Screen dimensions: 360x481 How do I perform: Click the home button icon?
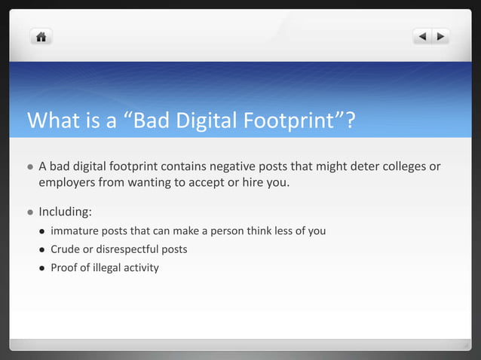pyautogui.click(x=41, y=35)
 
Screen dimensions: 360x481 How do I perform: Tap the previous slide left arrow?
pyautogui.click(x=422, y=35)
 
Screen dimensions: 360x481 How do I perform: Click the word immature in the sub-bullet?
pyautogui.click(x=75, y=230)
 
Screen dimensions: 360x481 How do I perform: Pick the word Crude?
pyautogui.click(x=66, y=249)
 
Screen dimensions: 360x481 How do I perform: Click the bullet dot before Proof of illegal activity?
pyautogui.click(x=41, y=267)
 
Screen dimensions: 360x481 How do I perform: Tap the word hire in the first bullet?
pyautogui.click(x=247, y=182)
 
